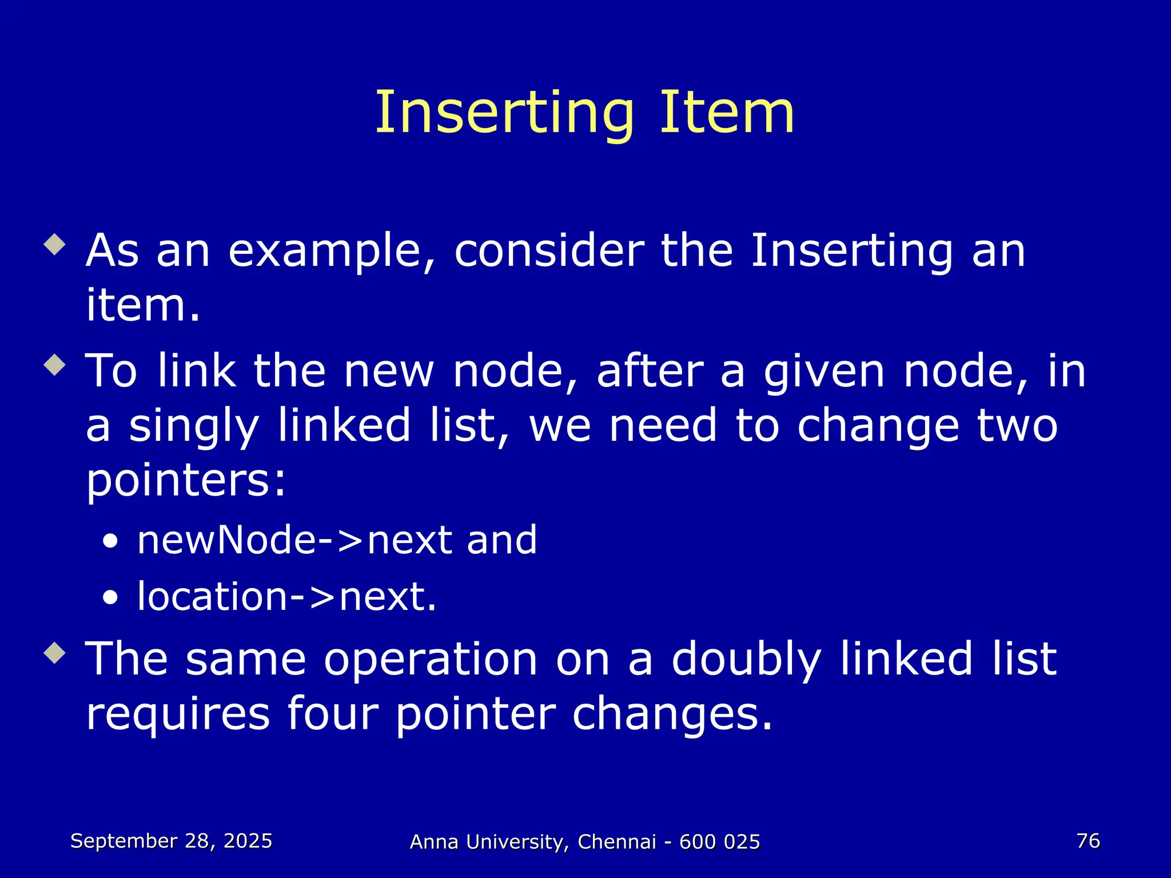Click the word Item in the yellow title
click(x=727, y=113)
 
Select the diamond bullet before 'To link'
click(x=55, y=364)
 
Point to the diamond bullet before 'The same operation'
click(x=55, y=652)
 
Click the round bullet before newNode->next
click(x=110, y=541)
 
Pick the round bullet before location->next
click(x=110, y=598)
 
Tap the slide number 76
click(x=1088, y=841)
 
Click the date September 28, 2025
click(x=171, y=841)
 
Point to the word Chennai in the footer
click(x=617, y=842)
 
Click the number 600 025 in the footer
click(x=719, y=842)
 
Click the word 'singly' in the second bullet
click(x=194, y=426)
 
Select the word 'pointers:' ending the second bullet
click(x=186, y=481)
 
